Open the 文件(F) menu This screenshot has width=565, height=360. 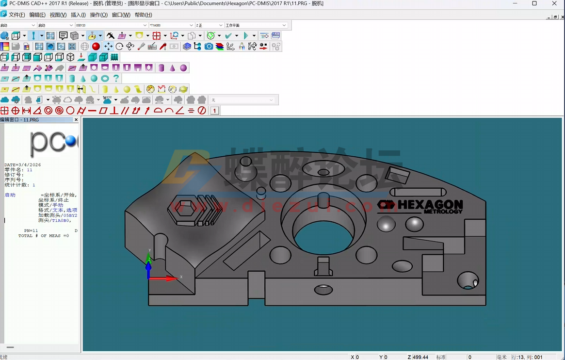coord(16,15)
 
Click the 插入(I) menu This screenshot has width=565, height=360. coord(78,15)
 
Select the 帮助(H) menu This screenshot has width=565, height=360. coord(143,15)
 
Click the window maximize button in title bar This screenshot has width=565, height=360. coord(534,3)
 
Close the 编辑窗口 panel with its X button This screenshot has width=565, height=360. coord(76,119)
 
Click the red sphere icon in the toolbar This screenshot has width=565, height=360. coord(96,47)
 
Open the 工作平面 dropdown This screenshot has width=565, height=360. coord(256,25)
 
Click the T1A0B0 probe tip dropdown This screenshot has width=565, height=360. coord(171,25)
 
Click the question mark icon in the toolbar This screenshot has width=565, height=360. coord(116,78)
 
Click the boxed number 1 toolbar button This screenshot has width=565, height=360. coord(214,111)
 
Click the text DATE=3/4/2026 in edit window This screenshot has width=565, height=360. coord(23,165)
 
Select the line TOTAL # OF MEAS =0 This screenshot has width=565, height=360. coord(44,236)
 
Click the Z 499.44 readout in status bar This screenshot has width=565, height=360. coord(418,357)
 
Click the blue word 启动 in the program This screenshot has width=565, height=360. coord(10,195)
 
